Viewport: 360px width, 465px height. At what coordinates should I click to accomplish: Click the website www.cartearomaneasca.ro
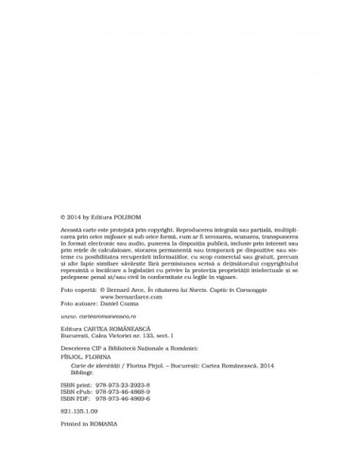pos(94,342)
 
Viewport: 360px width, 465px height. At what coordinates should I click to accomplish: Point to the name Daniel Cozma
pos(122,329)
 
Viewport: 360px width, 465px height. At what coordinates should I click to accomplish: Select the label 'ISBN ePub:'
pos(81,407)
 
